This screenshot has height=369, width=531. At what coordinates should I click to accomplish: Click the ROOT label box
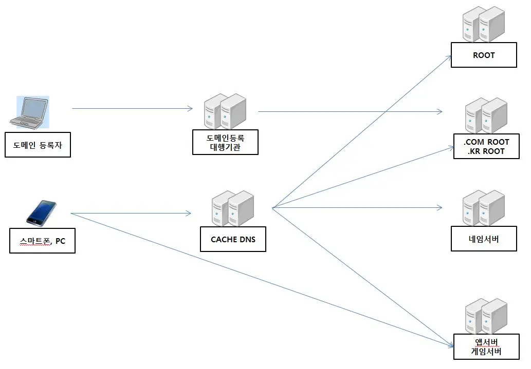[484, 55]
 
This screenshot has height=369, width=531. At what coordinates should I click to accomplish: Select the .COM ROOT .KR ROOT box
[486, 146]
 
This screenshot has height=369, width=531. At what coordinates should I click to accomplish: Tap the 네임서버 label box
[484, 239]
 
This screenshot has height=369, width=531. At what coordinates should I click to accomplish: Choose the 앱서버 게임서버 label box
[486, 346]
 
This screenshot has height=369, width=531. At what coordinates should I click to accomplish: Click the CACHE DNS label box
[233, 239]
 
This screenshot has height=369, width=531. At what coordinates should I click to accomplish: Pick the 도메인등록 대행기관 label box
[225, 142]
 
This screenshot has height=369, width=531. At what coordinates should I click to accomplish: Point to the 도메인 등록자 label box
[38, 145]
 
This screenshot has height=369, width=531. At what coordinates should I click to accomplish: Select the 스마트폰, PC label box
[42, 241]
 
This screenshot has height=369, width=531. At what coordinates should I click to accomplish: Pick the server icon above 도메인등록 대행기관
[225, 111]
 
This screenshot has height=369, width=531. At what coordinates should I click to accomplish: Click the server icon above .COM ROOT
[486, 115]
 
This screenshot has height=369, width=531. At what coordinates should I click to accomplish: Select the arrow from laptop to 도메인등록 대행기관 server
[132, 108]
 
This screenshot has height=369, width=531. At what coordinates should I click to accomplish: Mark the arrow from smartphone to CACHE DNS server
[131, 213]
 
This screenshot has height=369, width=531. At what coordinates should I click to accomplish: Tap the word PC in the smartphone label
[60, 241]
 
